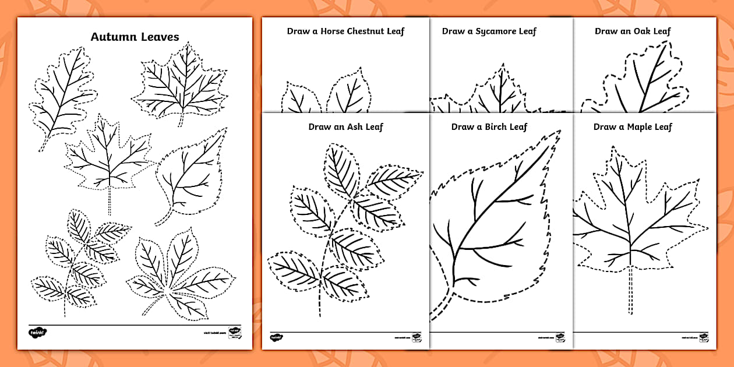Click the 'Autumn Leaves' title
click(x=135, y=37)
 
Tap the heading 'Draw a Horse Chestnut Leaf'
click(x=345, y=31)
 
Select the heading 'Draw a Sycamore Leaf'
click(x=488, y=31)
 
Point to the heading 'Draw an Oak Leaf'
click(x=633, y=31)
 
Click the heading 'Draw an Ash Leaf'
click(x=345, y=126)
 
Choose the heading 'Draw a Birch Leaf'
click(x=489, y=126)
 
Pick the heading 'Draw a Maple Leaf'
click(x=633, y=126)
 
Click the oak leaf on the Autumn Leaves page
click(x=61, y=93)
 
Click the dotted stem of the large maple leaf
click(x=630, y=297)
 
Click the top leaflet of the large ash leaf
click(x=341, y=169)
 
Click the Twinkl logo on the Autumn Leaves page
click(x=37, y=333)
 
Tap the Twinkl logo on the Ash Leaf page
click(x=276, y=337)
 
